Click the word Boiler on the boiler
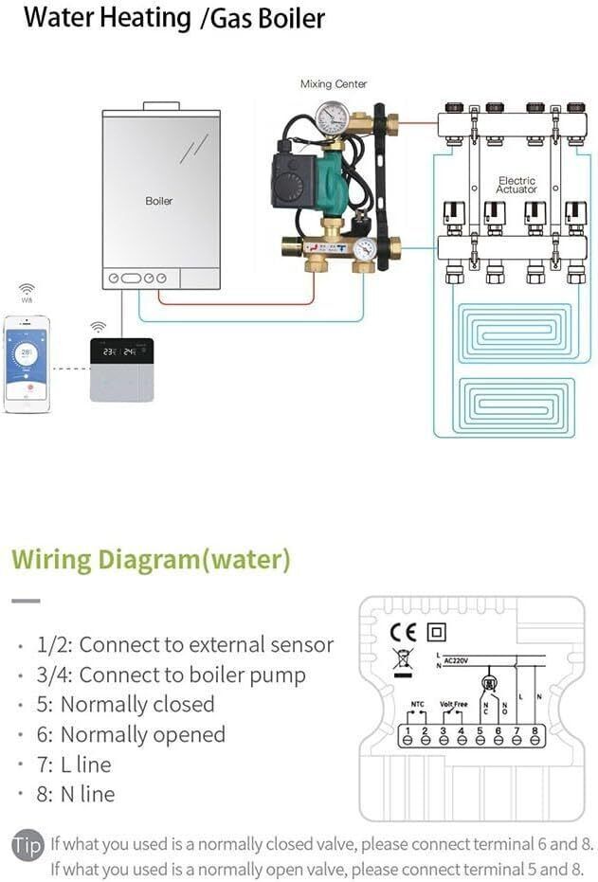pyautogui.click(x=159, y=201)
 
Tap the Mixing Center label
pyautogui.click(x=334, y=84)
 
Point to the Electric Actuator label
pyautogui.click(x=516, y=185)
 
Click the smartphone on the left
pyautogui.click(x=27, y=363)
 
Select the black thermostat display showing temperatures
pyautogui.click(x=121, y=351)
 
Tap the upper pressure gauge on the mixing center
pyautogui.click(x=332, y=117)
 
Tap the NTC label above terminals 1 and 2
pyautogui.click(x=417, y=704)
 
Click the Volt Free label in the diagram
pyautogui.click(x=454, y=704)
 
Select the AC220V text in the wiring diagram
pyautogui.click(x=460, y=660)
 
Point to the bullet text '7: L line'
pyautogui.click(x=74, y=765)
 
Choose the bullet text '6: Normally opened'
pyautogui.click(x=132, y=734)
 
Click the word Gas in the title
pyautogui.click(x=225, y=18)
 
